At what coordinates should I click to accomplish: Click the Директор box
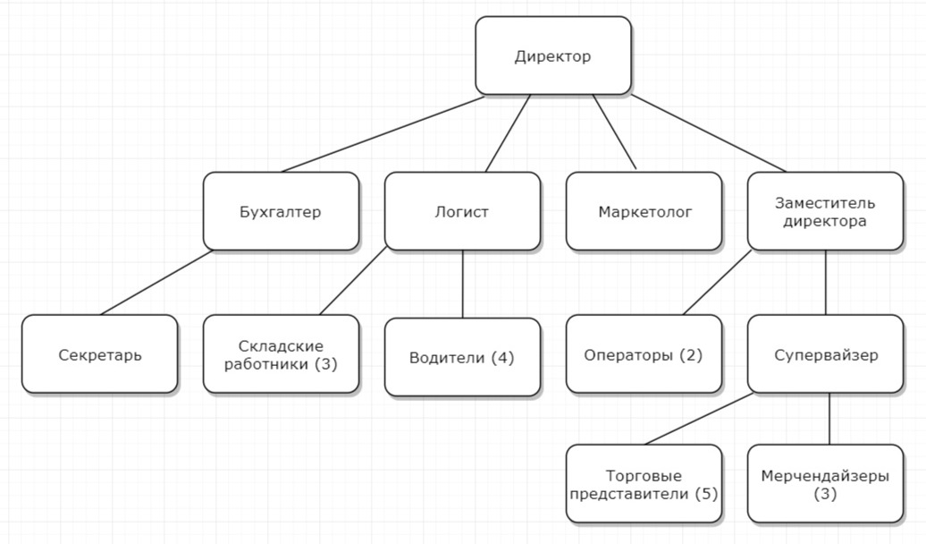pyautogui.click(x=553, y=55)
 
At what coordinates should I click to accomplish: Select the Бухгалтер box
pyautogui.click(x=281, y=211)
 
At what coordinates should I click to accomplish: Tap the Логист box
pyautogui.click(x=462, y=211)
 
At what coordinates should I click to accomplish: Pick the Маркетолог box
pyautogui.click(x=644, y=211)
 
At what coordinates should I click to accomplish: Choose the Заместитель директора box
pyautogui.click(x=825, y=211)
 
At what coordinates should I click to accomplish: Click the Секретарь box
pyautogui.click(x=100, y=353)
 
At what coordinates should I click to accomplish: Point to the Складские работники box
pyautogui.click(x=281, y=353)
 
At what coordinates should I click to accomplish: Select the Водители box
pyautogui.click(x=462, y=357)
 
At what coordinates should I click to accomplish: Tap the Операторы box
pyautogui.click(x=644, y=353)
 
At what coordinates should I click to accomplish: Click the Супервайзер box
pyautogui.click(x=825, y=353)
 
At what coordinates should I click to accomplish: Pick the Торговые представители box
pyautogui.click(x=644, y=484)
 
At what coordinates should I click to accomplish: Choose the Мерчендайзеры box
pyautogui.click(x=825, y=484)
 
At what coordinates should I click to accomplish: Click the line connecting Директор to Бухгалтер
pyautogui.click(x=383, y=134)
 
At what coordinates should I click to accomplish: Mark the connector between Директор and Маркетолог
pyautogui.click(x=614, y=132)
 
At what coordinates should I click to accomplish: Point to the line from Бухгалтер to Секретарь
pyautogui.click(x=156, y=283)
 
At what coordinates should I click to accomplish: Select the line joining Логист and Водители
pyautogui.click(x=462, y=285)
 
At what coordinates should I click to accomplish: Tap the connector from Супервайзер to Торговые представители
pyautogui.click(x=699, y=419)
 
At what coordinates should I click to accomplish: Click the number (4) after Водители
pyautogui.click(x=502, y=358)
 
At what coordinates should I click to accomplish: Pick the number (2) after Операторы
pyautogui.click(x=690, y=355)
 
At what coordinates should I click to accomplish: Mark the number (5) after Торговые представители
pyautogui.click(x=706, y=493)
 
